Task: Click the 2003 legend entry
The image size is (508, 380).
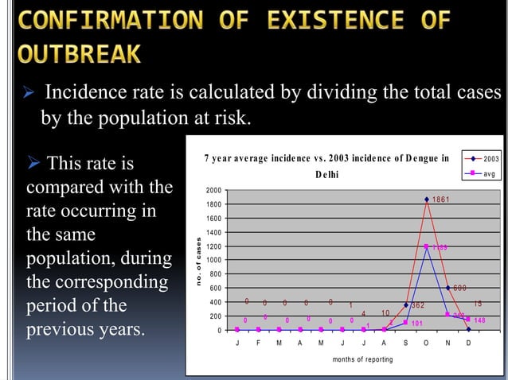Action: (482, 160)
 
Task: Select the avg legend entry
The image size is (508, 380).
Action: (482, 172)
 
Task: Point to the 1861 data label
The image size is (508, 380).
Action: (444, 199)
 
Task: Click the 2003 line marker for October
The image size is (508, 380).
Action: (427, 200)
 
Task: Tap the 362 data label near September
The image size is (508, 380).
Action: (419, 305)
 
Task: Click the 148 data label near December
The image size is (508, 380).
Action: (479, 320)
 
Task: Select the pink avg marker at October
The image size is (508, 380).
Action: (427, 246)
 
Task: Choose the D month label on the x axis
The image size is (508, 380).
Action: (468, 343)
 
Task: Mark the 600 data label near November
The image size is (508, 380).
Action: (460, 288)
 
